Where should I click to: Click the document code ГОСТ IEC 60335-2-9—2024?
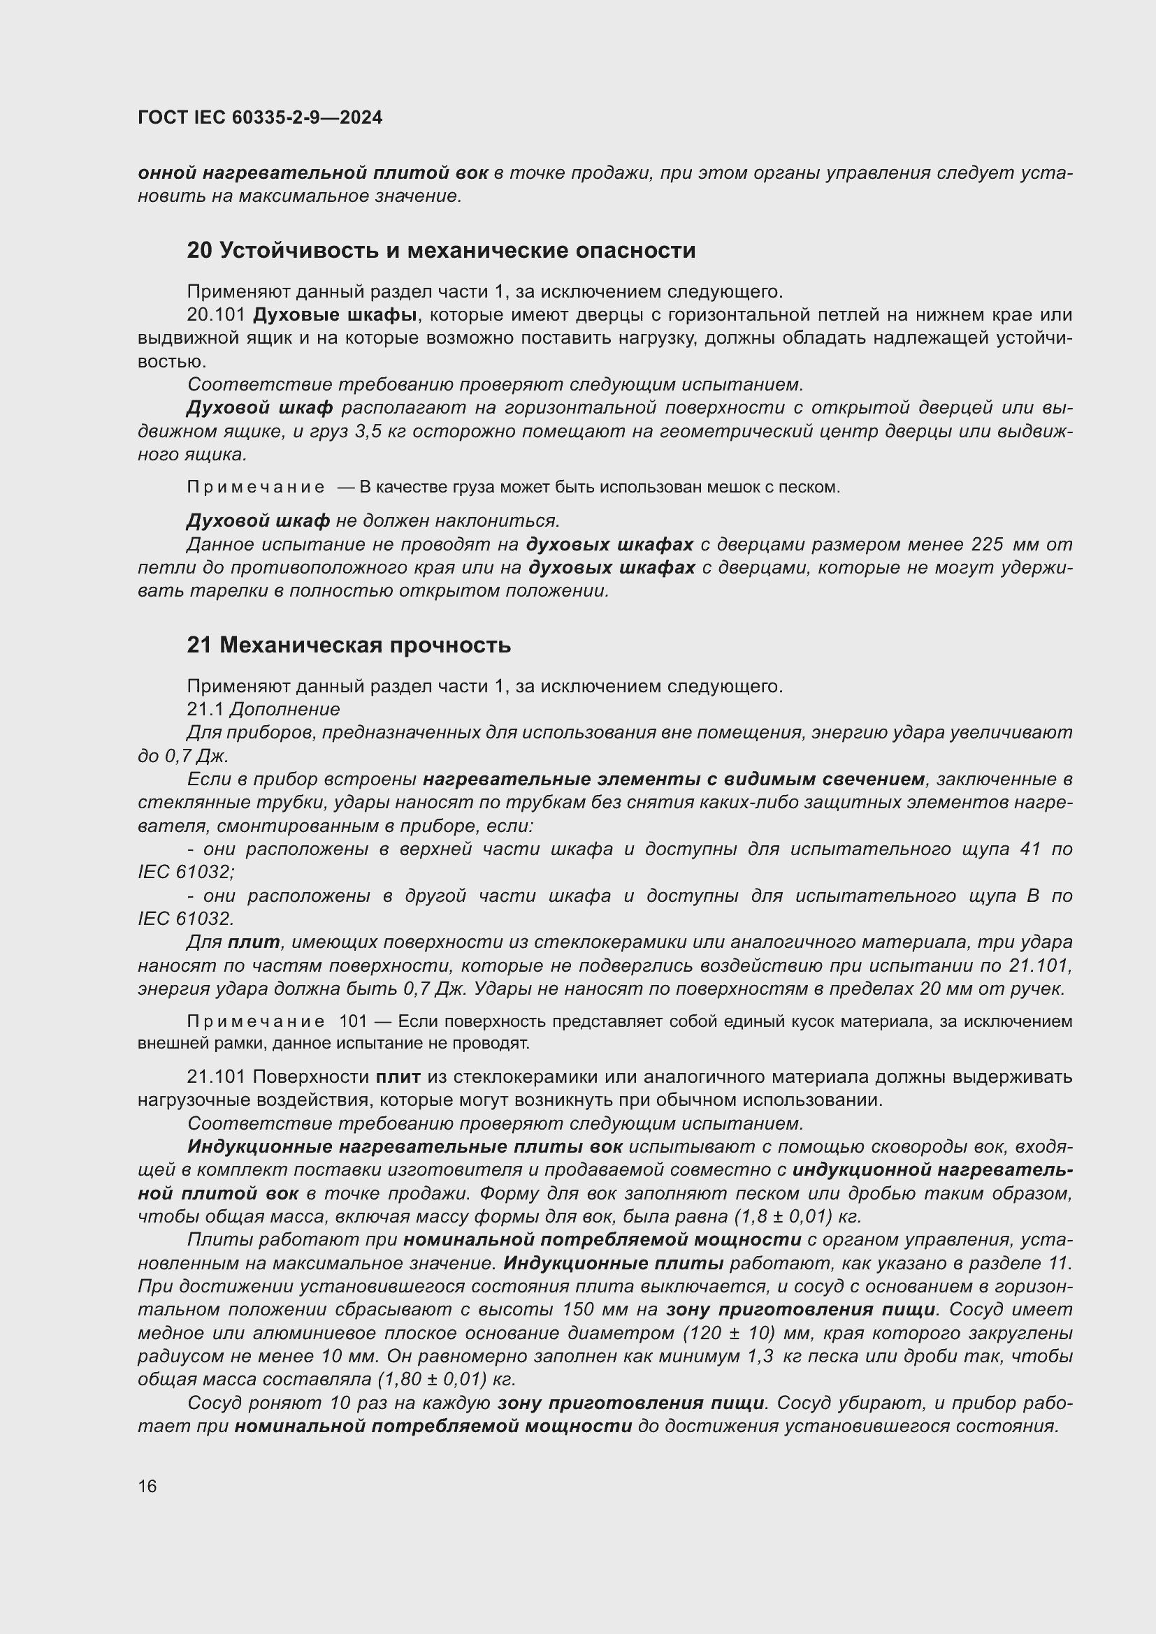click(260, 117)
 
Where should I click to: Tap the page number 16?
click(147, 1486)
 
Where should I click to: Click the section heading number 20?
click(199, 251)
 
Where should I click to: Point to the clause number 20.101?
click(216, 314)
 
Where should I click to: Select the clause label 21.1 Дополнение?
click(263, 710)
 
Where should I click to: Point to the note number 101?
click(352, 1022)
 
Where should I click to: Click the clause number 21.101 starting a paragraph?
click(216, 1077)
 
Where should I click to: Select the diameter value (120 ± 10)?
click(728, 1333)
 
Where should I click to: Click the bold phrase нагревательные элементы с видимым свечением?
click(673, 780)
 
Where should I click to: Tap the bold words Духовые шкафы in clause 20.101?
click(335, 314)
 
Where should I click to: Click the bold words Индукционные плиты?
click(613, 1263)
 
